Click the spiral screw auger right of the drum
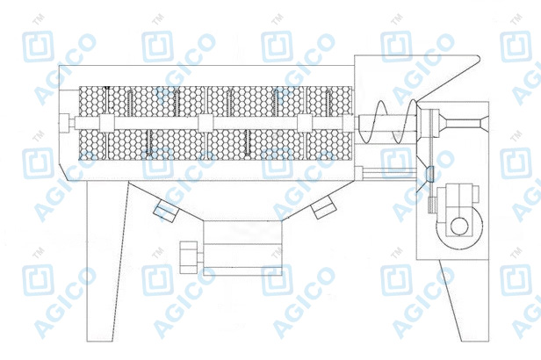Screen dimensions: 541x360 tap(387, 122)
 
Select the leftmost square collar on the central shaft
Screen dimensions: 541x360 tap(107, 123)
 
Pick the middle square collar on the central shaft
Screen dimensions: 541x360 tap(206, 123)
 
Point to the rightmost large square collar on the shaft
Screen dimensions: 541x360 tap(305, 123)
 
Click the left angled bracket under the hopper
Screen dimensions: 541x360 tap(165, 211)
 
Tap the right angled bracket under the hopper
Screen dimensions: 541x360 tap(323, 207)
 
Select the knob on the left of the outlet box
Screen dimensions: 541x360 tap(189, 257)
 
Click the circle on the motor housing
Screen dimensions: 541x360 tap(459, 227)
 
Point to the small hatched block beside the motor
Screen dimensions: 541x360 tap(431, 205)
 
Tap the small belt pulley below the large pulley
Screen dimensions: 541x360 tap(430, 174)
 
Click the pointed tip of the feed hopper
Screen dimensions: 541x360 tap(479, 58)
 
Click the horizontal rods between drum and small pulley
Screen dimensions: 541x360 tap(389, 173)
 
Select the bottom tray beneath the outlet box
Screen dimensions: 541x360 tap(242, 271)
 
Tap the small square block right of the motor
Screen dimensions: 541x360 tap(475, 194)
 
